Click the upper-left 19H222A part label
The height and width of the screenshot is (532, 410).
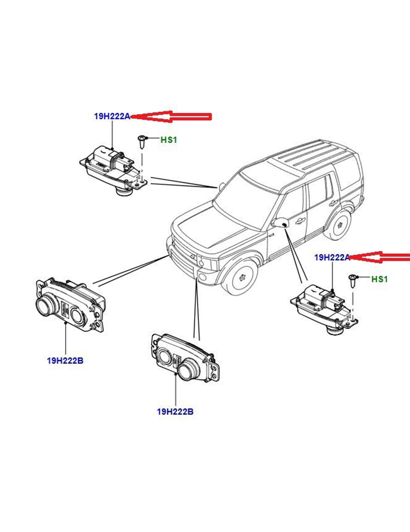[112, 117]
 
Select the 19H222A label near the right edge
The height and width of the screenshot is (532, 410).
[332, 257]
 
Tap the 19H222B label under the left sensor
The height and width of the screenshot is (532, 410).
[65, 360]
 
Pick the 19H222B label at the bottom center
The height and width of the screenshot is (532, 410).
[175, 412]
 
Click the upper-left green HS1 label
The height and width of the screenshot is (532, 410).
[169, 140]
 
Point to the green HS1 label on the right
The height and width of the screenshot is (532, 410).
[379, 279]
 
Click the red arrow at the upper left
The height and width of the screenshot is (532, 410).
[171, 117]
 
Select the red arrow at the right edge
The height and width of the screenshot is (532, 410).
[380, 257]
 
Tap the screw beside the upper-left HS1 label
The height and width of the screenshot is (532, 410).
[142, 142]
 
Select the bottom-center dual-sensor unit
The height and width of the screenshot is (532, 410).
[186, 358]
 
